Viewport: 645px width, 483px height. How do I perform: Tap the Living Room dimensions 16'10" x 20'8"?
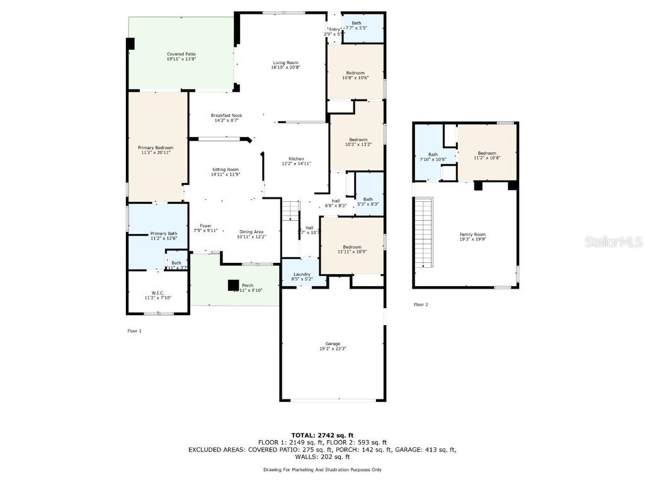[x=285, y=67]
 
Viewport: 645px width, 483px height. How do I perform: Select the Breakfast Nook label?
[x=227, y=115]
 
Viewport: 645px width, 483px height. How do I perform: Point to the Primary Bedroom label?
[x=155, y=147]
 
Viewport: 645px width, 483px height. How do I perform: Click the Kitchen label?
[x=296, y=158]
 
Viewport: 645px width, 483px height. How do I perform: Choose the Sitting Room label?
[x=225, y=169]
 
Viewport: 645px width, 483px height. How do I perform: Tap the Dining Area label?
[x=251, y=231]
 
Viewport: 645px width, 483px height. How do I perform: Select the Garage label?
[x=333, y=343]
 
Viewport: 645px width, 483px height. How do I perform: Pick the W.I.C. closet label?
[x=157, y=292]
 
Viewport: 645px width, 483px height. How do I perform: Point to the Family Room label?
[x=472, y=234]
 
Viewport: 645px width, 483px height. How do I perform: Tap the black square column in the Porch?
[x=234, y=285]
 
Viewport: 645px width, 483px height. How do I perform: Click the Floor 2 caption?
[x=421, y=304]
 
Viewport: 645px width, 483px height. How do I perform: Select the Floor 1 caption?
[x=135, y=330]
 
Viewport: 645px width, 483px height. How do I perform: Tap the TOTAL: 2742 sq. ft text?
[x=322, y=435]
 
